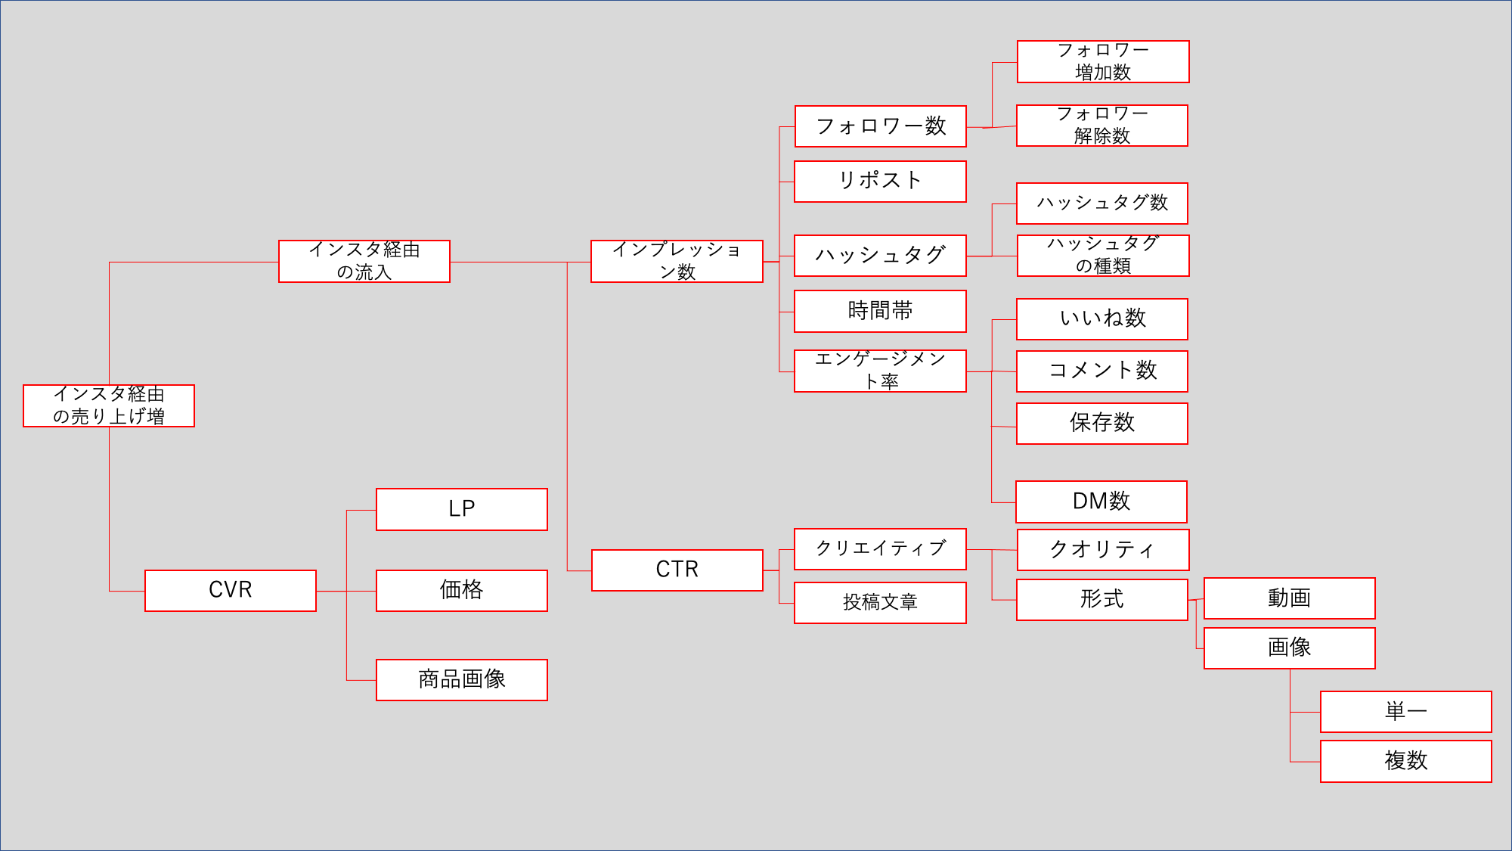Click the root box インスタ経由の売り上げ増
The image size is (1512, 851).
(109, 405)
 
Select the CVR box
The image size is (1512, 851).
(231, 590)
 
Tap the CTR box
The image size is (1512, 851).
(677, 570)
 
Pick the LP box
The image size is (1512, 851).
(462, 509)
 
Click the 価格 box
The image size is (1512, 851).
(462, 590)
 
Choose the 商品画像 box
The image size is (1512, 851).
(462, 679)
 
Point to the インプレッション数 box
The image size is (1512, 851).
(677, 261)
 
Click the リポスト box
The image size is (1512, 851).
(880, 181)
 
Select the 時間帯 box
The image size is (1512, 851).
(880, 311)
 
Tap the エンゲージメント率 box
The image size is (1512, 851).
(880, 371)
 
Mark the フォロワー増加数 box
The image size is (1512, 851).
(1103, 61)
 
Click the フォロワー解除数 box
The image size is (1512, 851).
(1102, 125)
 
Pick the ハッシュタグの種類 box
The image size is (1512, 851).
(1103, 255)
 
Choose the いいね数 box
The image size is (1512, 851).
(1102, 318)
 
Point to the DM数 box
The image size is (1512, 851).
(1101, 502)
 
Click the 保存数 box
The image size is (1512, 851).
(1102, 423)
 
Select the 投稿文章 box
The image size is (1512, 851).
(880, 602)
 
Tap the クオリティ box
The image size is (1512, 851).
(1103, 549)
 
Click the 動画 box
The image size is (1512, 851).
(1289, 598)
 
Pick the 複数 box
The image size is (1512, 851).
(1405, 760)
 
